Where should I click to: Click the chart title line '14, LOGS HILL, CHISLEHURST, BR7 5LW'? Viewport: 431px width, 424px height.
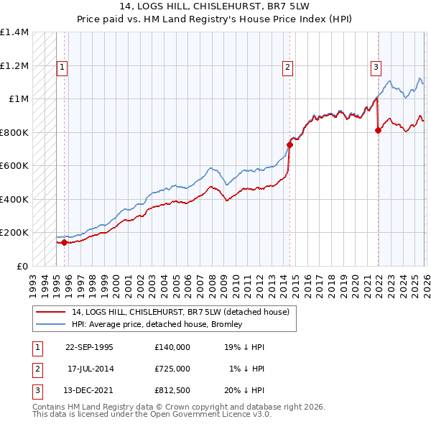[215, 6]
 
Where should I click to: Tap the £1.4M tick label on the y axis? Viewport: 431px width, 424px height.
[14, 32]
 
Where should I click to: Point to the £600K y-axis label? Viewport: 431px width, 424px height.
[14, 166]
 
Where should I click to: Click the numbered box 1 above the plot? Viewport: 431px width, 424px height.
[62, 68]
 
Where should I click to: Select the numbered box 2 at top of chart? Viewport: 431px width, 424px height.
[287, 68]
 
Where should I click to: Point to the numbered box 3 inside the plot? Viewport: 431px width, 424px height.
[375, 68]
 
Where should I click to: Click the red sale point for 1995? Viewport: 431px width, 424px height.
[65, 243]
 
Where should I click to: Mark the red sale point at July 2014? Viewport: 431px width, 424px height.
[289, 145]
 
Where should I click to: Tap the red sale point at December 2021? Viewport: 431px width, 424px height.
[378, 130]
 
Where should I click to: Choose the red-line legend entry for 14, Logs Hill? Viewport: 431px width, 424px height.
[180, 312]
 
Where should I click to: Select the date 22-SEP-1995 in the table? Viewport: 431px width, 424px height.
[89, 346]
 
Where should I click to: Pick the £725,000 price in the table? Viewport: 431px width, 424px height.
[172, 369]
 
